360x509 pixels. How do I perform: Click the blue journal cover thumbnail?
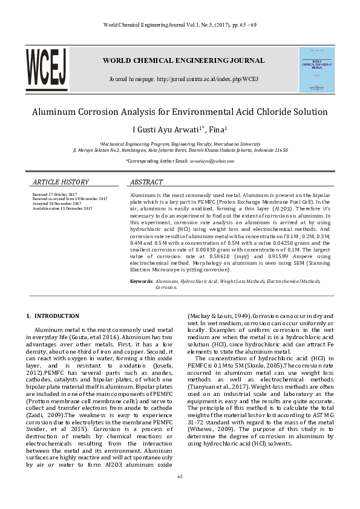click(x=316, y=70)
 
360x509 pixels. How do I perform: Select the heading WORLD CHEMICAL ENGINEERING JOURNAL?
click(x=183, y=60)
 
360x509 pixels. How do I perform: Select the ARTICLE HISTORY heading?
click(x=61, y=182)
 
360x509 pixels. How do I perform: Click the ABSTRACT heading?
click(x=146, y=182)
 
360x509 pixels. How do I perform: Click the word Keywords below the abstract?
click(x=142, y=282)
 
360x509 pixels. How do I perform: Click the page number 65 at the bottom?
click(x=180, y=476)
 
